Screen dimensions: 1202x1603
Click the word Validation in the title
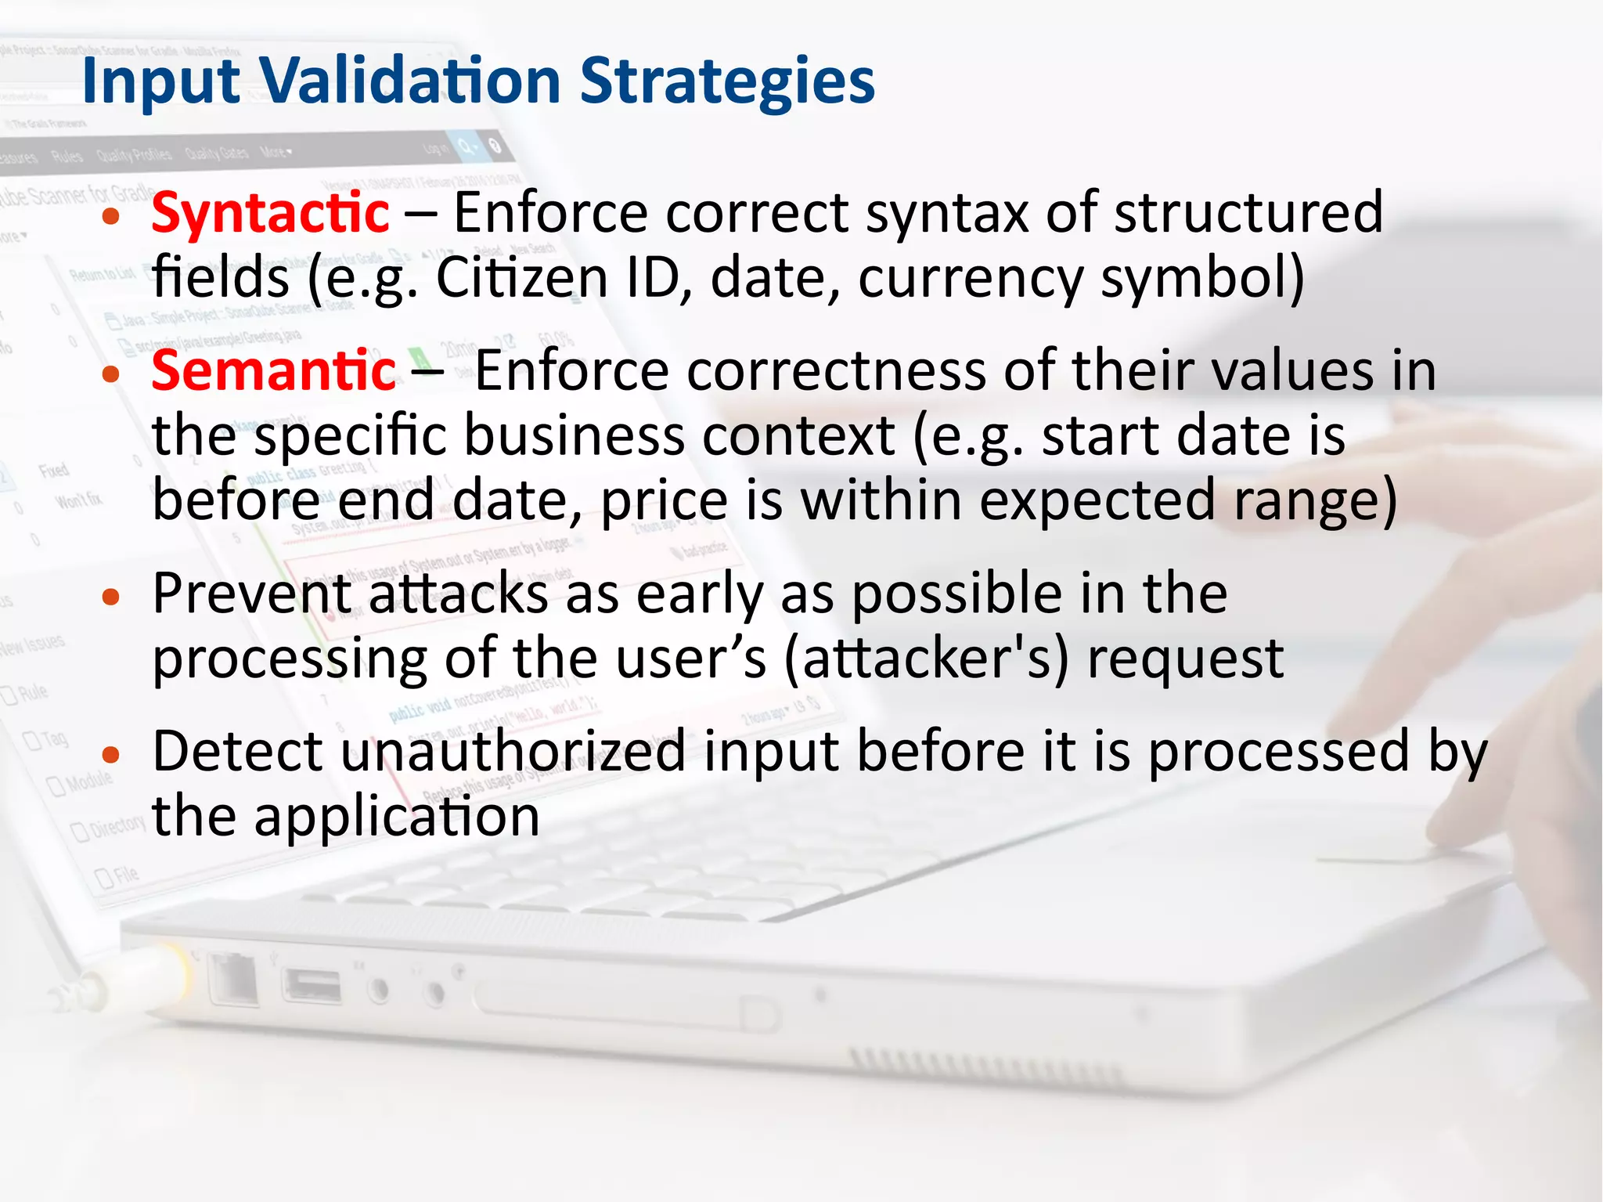click(410, 81)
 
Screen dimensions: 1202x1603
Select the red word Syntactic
click(270, 213)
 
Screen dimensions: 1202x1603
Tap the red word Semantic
click(273, 370)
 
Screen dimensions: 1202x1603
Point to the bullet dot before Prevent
click(111, 597)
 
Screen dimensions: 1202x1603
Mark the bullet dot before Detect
click(111, 755)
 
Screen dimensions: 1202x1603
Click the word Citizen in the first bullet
click(521, 278)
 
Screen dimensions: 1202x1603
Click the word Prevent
click(250, 594)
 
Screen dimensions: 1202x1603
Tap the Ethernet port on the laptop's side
click(233, 980)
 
